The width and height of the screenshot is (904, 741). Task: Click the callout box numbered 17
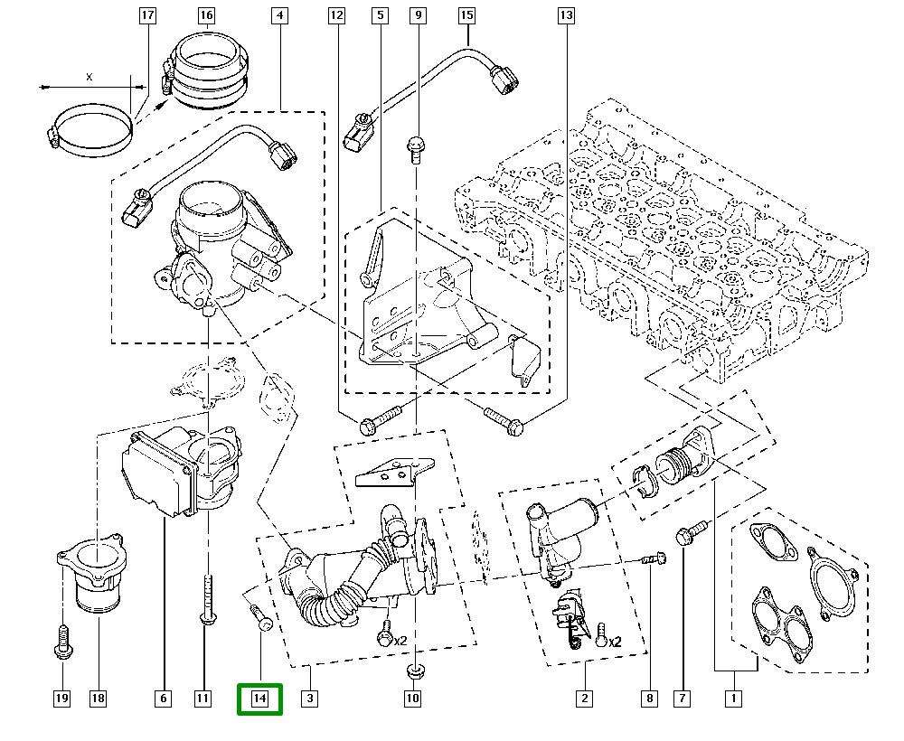point(147,15)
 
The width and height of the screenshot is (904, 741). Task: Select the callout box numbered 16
point(206,15)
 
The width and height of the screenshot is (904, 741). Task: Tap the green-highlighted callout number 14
point(259,699)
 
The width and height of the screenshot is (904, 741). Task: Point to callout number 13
point(566,15)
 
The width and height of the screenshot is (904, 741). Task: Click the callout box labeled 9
point(417,15)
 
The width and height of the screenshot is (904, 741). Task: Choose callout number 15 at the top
point(466,15)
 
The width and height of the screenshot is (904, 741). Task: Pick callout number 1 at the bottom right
point(733,698)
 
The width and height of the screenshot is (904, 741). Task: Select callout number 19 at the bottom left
point(61,698)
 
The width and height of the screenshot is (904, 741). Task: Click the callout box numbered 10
point(412,698)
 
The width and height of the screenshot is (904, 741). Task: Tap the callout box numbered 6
point(164,698)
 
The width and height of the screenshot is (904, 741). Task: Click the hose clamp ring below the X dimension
point(90,127)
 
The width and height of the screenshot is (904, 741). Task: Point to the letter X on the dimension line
point(89,77)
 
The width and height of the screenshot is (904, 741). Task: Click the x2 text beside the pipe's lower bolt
point(400,641)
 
